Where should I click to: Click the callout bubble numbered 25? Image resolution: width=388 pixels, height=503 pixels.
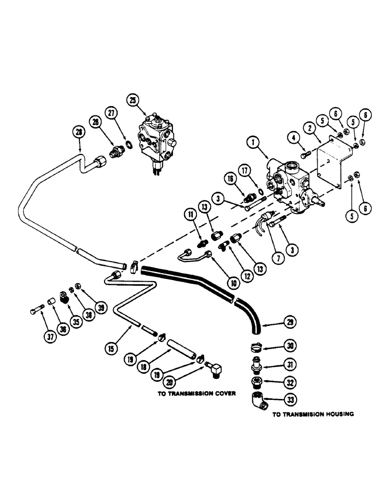tap(133, 101)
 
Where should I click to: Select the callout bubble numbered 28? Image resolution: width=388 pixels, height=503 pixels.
tap(78, 132)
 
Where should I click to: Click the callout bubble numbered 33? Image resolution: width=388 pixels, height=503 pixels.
tap(291, 400)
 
